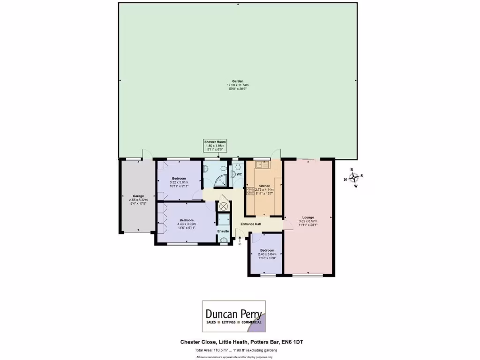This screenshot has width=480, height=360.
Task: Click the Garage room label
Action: point(138,196)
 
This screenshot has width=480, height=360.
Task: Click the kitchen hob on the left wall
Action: point(249,191)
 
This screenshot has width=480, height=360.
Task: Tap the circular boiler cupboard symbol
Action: point(223,206)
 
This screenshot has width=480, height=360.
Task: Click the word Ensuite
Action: point(223,231)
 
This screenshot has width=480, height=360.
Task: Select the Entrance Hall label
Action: point(250,224)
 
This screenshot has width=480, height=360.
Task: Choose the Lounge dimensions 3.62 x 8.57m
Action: point(308,221)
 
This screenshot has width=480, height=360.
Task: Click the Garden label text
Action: point(237,81)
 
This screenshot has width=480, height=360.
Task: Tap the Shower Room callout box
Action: point(215,145)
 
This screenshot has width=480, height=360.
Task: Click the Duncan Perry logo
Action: point(233,316)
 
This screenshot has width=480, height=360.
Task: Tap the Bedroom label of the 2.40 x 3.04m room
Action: point(267,250)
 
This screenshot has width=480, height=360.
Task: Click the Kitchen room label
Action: point(265,186)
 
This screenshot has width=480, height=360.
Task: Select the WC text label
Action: point(239,175)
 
